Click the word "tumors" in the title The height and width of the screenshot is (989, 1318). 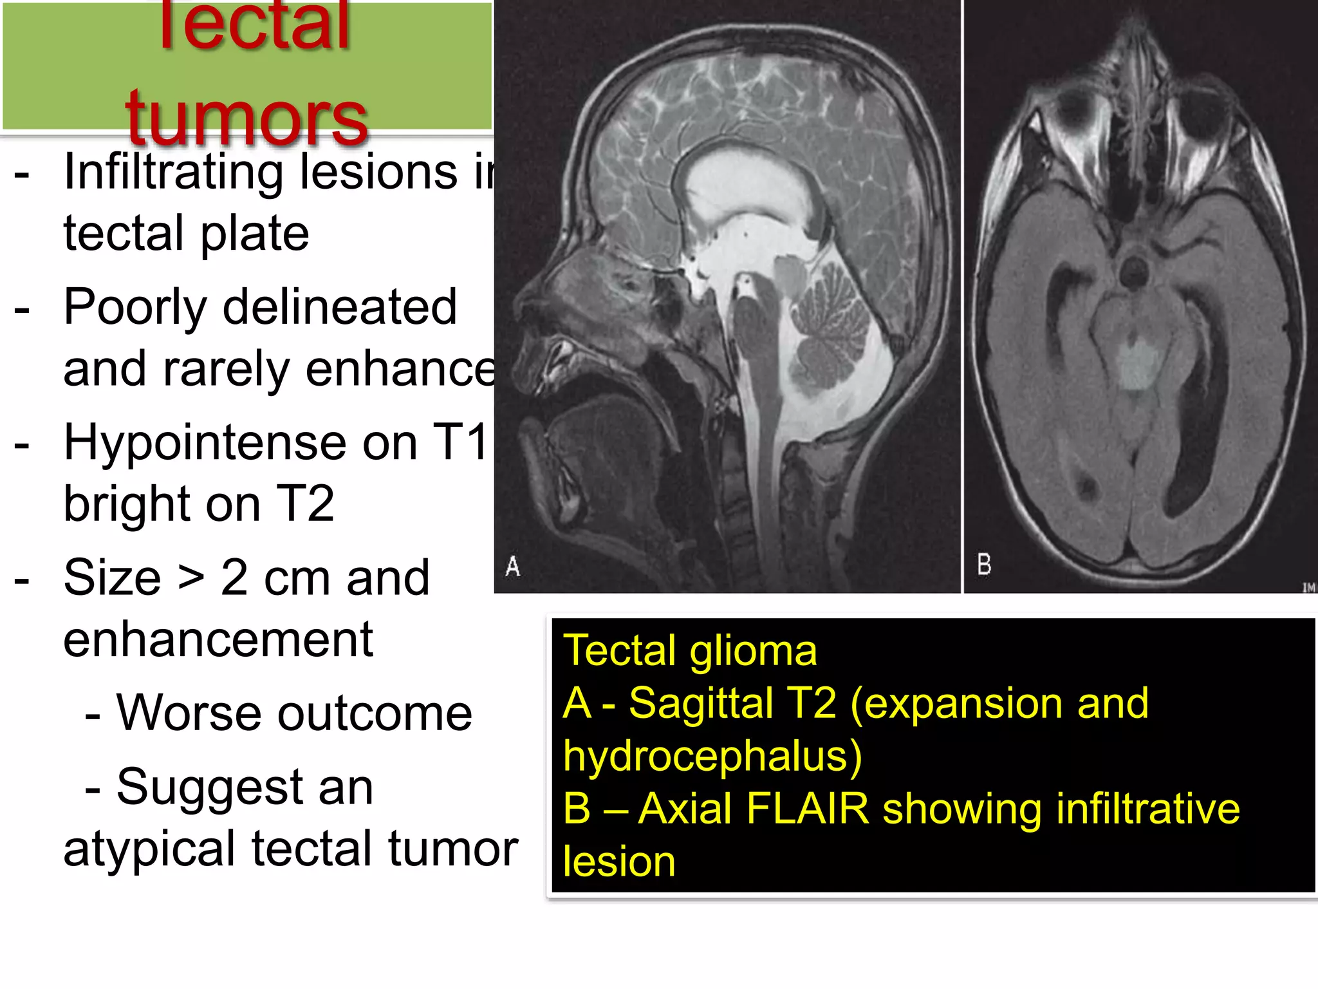pyautogui.click(x=246, y=117)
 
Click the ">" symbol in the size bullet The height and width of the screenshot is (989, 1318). pyautogui.click(x=191, y=578)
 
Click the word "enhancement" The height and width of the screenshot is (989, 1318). pyautogui.click(x=218, y=639)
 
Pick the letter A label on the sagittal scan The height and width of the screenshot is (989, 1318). pyautogui.click(x=512, y=567)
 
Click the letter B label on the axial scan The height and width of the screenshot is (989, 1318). pyautogui.click(x=984, y=565)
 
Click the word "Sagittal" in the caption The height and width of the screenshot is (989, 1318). pyautogui.click(x=700, y=703)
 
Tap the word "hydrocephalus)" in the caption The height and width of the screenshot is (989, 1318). pyautogui.click(x=712, y=756)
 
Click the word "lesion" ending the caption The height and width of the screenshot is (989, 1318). pyautogui.click(x=619, y=862)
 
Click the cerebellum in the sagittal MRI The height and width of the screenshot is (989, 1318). pyautogui.click(x=830, y=328)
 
